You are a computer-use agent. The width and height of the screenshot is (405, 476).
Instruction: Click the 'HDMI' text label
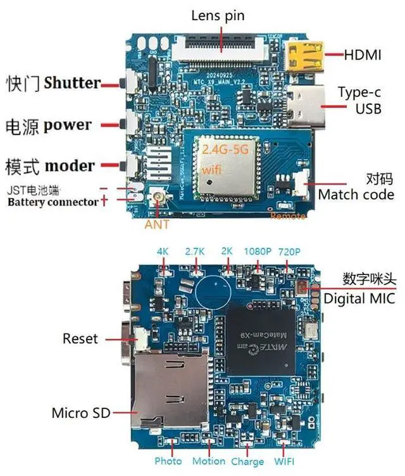click(363, 55)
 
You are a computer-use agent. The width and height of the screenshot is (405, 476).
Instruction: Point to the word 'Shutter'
click(73, 83)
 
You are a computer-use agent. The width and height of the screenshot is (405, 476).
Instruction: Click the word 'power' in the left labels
click(68, 125)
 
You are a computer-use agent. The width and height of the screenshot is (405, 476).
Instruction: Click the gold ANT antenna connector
click(156, 200)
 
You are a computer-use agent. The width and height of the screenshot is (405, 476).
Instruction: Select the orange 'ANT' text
click(157, 224)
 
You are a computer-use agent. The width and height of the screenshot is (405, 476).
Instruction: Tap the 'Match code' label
click(356, 194)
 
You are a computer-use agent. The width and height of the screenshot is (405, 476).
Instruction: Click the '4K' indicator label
click(163, 251)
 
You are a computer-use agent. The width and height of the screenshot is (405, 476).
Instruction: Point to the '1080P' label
click(258, 251)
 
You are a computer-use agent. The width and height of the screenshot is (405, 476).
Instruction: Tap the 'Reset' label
click(80, 339)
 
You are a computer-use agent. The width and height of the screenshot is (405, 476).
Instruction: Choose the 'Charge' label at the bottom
click(247, 461)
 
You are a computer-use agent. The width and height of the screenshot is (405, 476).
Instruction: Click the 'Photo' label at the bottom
click(168, 461)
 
